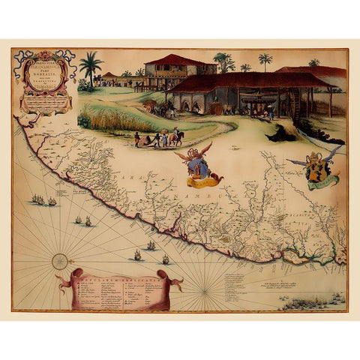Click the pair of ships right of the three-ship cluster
(x=82, y=220)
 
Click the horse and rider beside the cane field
(x=177, y=136)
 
